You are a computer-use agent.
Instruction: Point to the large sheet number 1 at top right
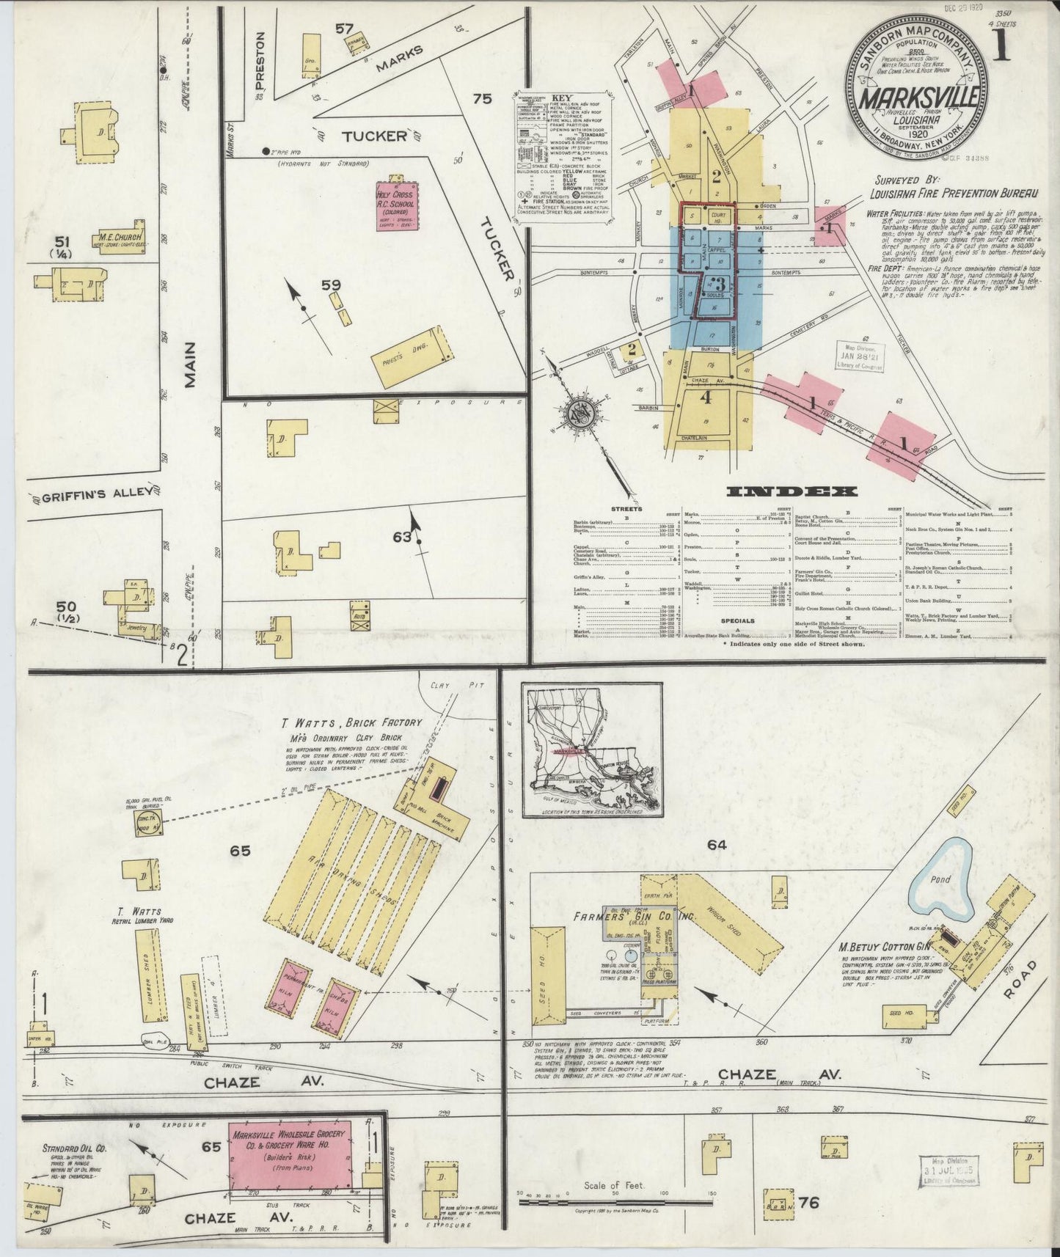click(1003, 45)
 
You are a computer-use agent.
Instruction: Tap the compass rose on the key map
click(583, 415)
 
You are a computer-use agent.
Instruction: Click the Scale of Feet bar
click(616, 1202)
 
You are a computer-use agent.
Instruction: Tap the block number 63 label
click(402, 537)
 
